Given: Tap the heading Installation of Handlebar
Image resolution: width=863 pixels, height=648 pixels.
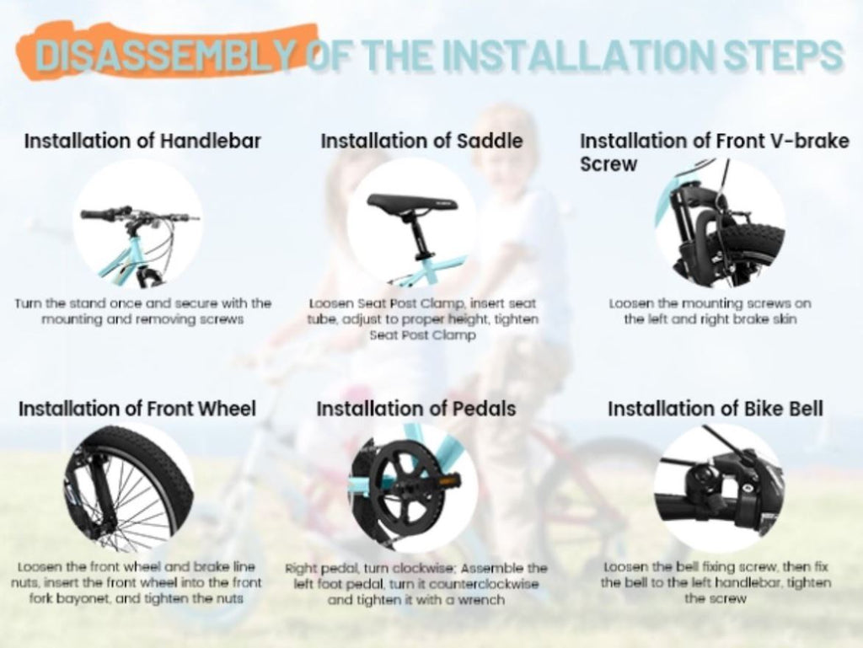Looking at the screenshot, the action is [142, 141].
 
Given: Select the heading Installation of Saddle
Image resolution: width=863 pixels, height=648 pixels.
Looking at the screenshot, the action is [421, 141].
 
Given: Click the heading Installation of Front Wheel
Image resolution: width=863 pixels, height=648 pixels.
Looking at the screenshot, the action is [137, 409].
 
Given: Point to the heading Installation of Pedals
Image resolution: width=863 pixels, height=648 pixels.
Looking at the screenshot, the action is [416, 409].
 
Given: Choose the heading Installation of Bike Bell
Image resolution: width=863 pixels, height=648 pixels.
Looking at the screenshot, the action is [716, 409].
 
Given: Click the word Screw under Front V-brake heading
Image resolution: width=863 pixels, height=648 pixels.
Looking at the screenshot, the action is [608, 164].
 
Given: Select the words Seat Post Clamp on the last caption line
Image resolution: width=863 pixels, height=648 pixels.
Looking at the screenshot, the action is [422, 335].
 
